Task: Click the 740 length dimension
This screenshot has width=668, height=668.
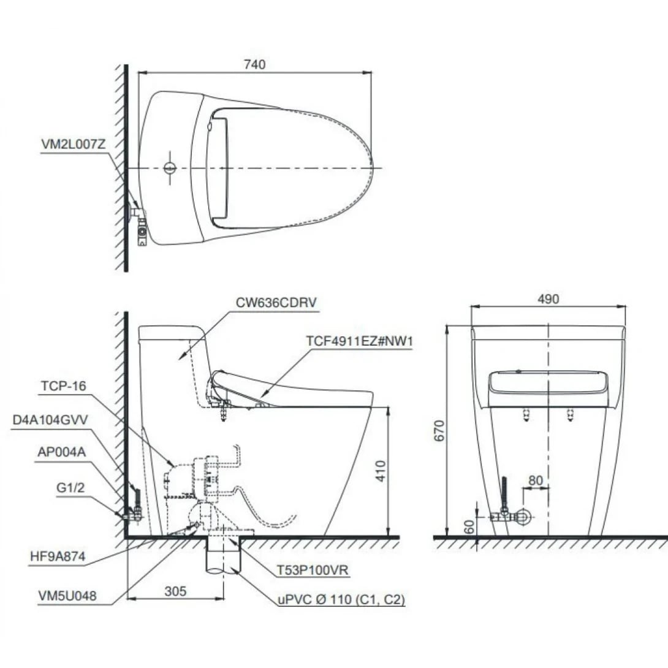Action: (x=255, y=64)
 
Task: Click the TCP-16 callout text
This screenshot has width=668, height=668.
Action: (x=64, y=385)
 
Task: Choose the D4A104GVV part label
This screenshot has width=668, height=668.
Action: (x=51, y=421)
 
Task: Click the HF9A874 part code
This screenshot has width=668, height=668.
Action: (x=57, y=556)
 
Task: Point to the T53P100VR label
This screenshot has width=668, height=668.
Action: (x=311, y=569)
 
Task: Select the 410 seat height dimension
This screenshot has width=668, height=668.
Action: (x=381, y=470)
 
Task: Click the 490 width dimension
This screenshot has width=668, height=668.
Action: (x=548, y=299)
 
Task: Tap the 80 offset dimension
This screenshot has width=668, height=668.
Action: (x=535, y=480)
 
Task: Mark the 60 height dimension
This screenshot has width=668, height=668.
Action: (x=469, y=526)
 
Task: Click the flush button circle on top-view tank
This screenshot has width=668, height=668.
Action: (x=170, y=167)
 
